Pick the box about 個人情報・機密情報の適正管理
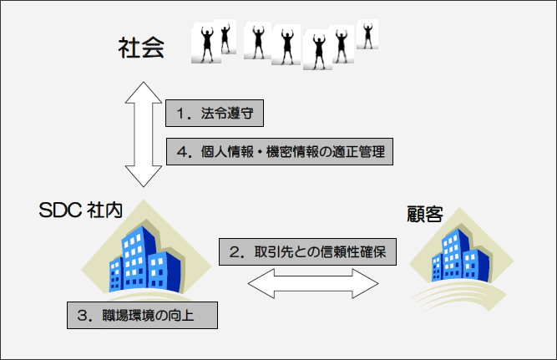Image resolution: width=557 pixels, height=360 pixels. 277,152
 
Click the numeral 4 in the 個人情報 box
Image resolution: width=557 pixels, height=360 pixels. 182,152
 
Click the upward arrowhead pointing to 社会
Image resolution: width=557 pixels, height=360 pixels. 144,90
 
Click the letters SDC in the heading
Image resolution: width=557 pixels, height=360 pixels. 58,210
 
